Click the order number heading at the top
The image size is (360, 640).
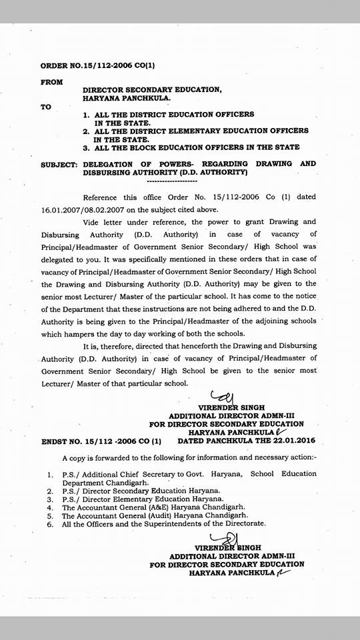(x=97, y=67)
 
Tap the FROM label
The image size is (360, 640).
(x=52, y=82)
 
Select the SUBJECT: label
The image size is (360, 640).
(x=60, y=163)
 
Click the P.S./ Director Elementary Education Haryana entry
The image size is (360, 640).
(x=143, y=497)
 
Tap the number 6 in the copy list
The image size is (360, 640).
(x=50, y=524)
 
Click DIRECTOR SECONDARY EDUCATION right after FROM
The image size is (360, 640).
(x=151, y=89)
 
